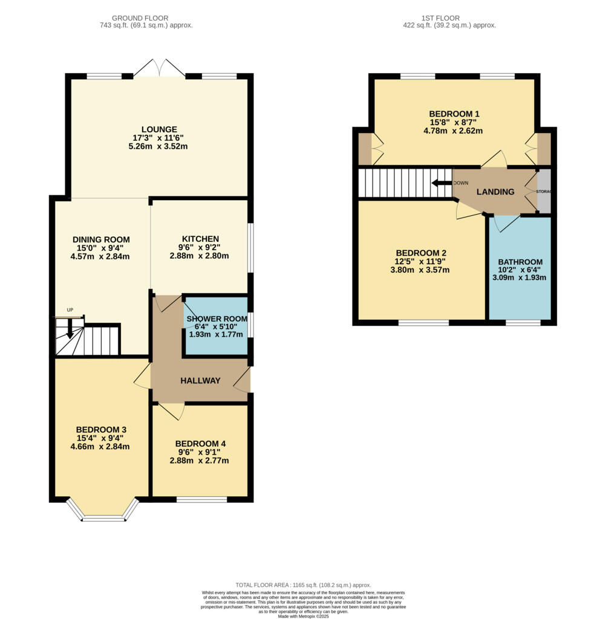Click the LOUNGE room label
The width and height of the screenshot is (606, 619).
(x=159, y=129)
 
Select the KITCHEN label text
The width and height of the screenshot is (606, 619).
(x=200, y=239)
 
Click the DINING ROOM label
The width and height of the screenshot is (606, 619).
(x=100, y=239)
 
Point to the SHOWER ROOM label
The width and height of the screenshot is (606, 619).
(x=217, y=319)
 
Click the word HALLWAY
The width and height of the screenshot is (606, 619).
(x=200, y=380)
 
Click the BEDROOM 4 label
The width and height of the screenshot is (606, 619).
(x=200, y=443)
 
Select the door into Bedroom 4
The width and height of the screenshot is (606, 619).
(x=172, y=411)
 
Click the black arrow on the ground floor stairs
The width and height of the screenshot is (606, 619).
(x=70, y=329)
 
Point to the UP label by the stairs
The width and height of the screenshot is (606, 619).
(x=70, y=310)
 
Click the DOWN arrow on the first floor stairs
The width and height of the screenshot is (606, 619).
(x=441, y=183)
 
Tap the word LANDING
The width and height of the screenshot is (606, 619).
(x=495, y=192)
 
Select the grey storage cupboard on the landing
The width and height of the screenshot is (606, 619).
(x=544, y=192)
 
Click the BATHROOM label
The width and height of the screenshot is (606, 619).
(x=520, y=262)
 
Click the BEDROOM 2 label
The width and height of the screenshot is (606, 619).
(x=422, y=253)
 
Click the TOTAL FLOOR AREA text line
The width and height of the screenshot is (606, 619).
(x=303, y=585)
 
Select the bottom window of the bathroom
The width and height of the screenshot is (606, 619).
(x=523, y=323)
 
